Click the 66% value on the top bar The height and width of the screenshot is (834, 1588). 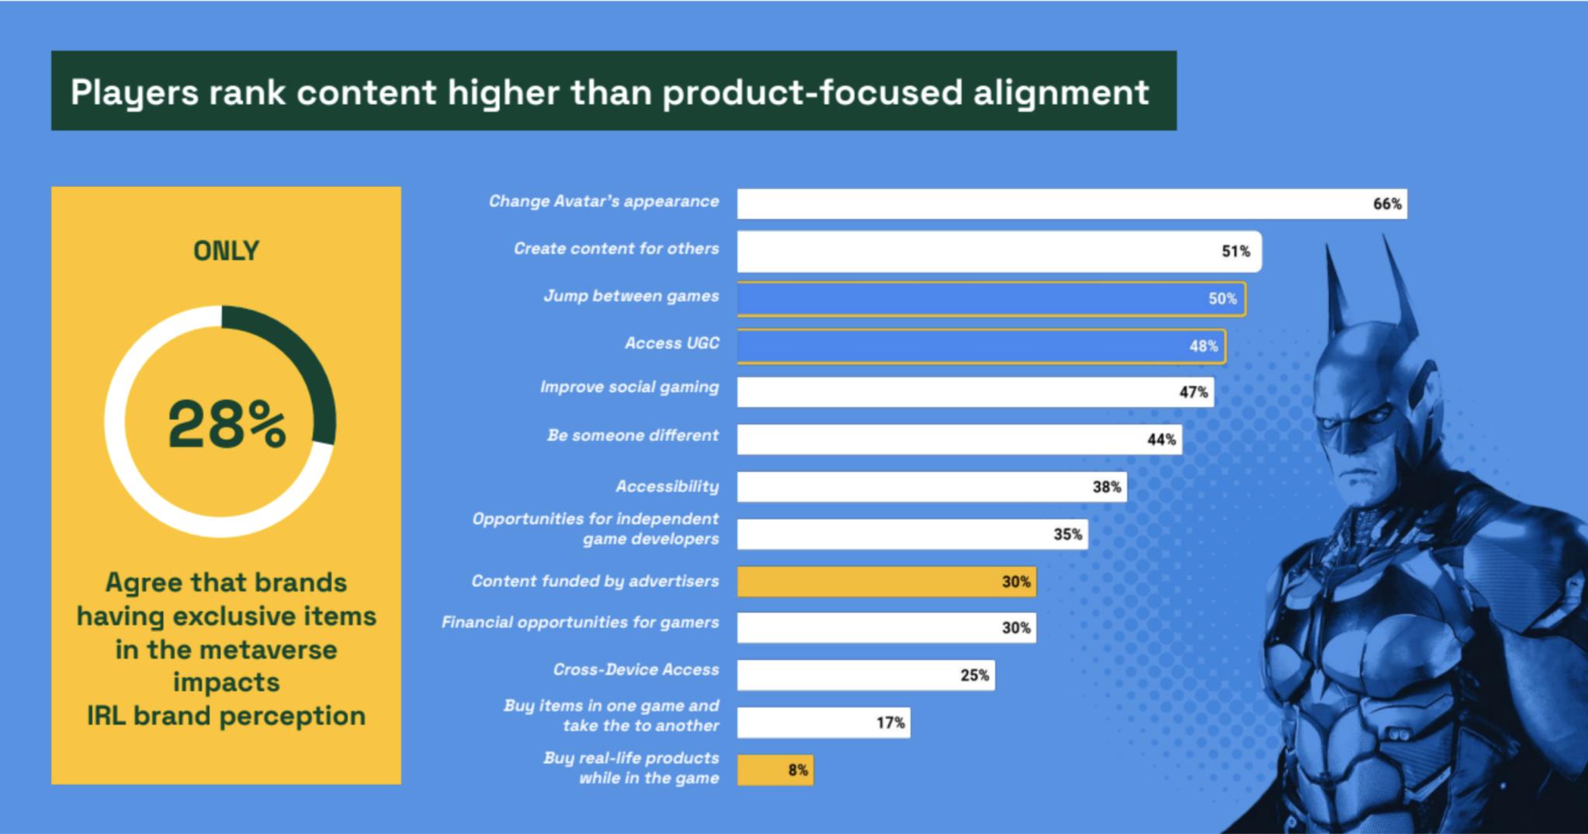click(x=1387, y=204)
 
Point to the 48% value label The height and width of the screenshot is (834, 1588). click(x=1203, y=346)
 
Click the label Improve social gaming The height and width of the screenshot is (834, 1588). click(x=629, y=387)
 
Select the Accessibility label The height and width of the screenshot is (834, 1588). click(x=667, y=487)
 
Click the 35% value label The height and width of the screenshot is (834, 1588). click(x=1067, y=534)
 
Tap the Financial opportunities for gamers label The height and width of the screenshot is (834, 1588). click(x=580, y=622)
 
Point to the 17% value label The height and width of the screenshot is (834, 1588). click(x=890, y=723)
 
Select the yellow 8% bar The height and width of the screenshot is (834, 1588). click(x=775, y=770)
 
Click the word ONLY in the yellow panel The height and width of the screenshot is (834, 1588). click(x=226, y=251)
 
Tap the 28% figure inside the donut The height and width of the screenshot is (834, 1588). click(x=226, y=424)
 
